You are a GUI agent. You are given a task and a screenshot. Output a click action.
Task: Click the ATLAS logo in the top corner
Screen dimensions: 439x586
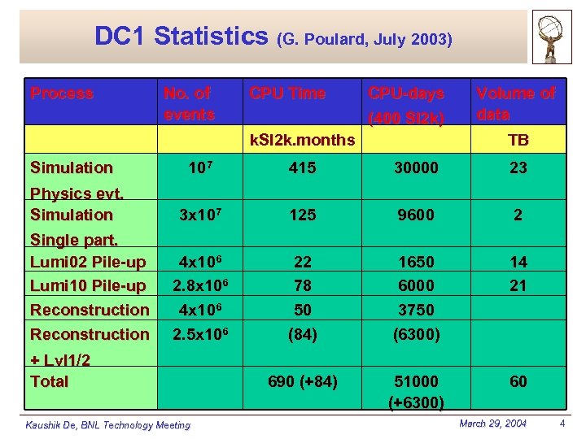553,37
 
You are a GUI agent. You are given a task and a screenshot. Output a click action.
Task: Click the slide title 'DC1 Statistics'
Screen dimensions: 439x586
181,37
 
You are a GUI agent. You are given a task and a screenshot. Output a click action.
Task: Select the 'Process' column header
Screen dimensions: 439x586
62,93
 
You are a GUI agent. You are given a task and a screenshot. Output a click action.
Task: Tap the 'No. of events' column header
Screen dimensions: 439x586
189,103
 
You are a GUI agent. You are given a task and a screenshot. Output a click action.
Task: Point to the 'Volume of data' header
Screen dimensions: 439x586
516,103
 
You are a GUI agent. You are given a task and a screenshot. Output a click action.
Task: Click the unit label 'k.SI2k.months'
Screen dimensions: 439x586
302,140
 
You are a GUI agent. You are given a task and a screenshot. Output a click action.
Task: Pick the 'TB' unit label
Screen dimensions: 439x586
518,140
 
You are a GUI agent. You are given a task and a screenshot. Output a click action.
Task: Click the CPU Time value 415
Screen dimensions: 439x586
302,167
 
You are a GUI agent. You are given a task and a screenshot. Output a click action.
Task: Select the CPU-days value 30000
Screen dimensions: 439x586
416,167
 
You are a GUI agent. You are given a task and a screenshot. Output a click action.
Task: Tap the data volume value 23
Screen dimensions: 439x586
518,167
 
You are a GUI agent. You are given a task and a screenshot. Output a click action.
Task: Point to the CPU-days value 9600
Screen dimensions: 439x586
416,215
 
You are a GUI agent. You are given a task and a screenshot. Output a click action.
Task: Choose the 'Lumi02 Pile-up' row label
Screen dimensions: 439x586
88,262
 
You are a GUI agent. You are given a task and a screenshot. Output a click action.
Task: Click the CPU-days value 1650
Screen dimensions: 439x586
416,262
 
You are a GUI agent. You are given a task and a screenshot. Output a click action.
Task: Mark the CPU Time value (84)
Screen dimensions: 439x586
302,334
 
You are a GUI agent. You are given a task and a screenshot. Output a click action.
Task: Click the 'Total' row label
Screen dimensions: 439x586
49,381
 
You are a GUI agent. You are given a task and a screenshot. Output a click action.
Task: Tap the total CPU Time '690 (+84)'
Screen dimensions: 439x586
302,381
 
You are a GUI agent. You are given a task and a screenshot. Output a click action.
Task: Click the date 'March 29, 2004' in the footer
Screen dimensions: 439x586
492,424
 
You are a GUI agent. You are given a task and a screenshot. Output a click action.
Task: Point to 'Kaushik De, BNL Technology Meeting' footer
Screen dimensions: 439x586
107,424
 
